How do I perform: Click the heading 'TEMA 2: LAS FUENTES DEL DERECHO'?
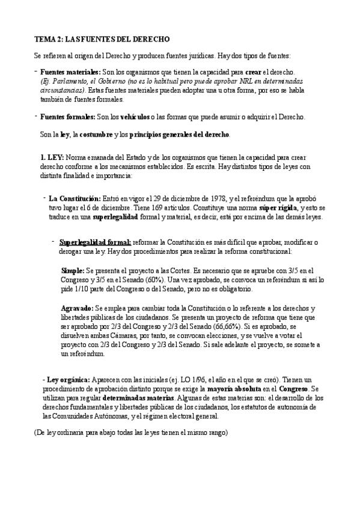point(102,39)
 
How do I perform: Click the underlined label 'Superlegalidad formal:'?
point(95,242)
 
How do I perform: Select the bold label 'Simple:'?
point(73,271)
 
